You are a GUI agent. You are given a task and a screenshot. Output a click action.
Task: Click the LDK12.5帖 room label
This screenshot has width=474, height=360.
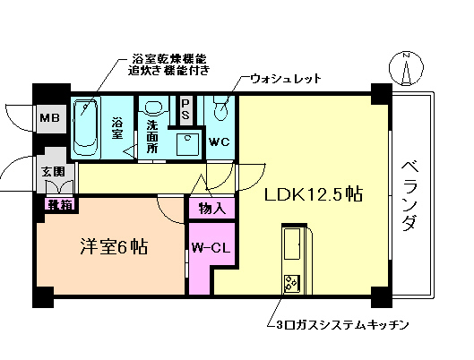point(312,194)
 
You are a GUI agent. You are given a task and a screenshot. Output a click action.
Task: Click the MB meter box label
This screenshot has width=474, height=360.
point(48,116)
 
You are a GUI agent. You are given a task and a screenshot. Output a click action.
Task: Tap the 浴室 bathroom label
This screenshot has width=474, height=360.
point(117,128)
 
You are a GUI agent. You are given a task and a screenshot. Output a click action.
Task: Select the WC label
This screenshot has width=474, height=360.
point(220,141)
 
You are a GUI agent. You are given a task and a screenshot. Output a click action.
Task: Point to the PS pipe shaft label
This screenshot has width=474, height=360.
point(185,109)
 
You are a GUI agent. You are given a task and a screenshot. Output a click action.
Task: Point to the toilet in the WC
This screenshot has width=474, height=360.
point(222,111)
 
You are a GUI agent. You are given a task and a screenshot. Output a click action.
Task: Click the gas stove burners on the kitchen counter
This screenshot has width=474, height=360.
point(293,285)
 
